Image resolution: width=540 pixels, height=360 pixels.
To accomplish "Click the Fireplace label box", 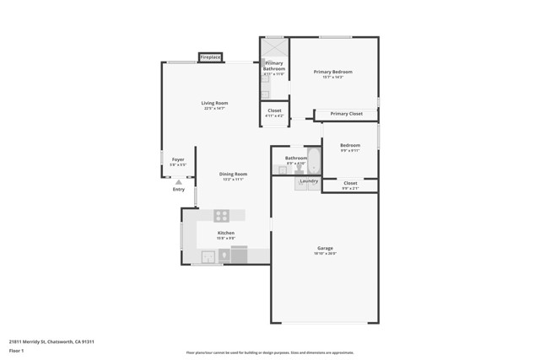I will point(210,57).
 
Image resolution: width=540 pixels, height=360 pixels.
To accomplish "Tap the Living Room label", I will point(214,103).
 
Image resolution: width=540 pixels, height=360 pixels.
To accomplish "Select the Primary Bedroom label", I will point(332,72).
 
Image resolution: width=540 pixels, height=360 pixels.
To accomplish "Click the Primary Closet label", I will point(346,114).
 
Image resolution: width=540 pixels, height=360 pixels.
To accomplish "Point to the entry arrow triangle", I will point(178,181).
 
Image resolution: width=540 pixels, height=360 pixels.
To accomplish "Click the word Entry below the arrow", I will point(178,190).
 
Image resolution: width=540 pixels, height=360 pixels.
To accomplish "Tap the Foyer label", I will point(178,159).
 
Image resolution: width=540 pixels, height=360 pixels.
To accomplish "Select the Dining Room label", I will point(233,174).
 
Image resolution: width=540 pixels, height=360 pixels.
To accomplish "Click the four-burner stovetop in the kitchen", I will point(222,216).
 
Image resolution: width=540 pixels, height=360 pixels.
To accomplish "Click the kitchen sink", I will point(208,256).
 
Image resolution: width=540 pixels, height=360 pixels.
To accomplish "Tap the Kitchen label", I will point(225,233).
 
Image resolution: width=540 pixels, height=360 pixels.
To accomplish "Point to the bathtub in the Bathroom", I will point(314,160).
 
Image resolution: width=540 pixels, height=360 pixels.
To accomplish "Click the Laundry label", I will point(309,180).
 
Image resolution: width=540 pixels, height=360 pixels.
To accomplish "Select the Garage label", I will point(325,248).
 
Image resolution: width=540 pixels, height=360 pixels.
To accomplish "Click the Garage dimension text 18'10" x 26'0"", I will point(325,253).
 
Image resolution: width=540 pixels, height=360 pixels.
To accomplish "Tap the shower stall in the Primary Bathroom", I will point(274,48).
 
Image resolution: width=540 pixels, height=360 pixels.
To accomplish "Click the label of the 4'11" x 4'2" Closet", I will point(274,110).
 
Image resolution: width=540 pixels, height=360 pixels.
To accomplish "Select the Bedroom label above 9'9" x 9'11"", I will point(349,145).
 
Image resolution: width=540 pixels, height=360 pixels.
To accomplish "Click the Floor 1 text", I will point(17,350).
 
